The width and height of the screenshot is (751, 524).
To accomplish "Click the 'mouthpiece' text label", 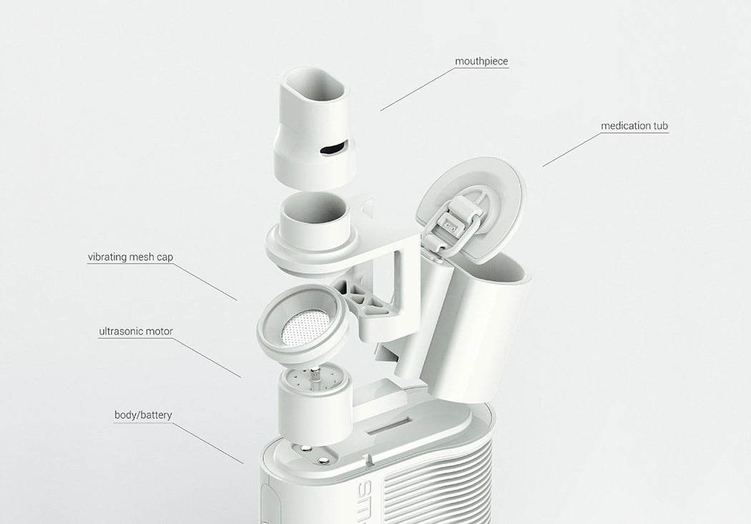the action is pyautogui.click(x=481, y=61).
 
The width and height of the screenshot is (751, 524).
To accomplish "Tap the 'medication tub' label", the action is pyautogui.click(x=634, y=126).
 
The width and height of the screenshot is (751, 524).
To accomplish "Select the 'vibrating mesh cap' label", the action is pyautogui.click(x=130, y=257).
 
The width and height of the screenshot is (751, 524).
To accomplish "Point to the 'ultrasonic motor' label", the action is pyautogui.click(x=136, y=331).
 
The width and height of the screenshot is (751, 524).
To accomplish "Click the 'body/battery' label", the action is pyautogui.click(x=143, y=415).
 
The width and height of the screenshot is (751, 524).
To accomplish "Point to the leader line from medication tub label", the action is pyautogui.click(x=571, y=149).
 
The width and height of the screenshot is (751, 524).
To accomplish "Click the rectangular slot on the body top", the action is pyautogui.click(x=389, y=427).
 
